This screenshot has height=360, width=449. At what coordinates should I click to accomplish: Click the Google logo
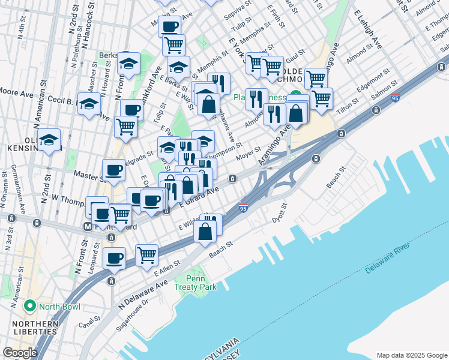(20, 353)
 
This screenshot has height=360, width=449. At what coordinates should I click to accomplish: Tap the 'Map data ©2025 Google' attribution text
(411, 355)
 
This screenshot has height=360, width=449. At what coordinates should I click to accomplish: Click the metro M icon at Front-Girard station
(88, 227)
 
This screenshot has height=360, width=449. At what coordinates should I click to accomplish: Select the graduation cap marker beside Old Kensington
(50, 140)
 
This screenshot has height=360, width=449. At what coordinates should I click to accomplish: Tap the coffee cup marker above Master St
(113, 170)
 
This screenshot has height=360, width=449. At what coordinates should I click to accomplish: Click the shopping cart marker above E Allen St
(146, 255)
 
